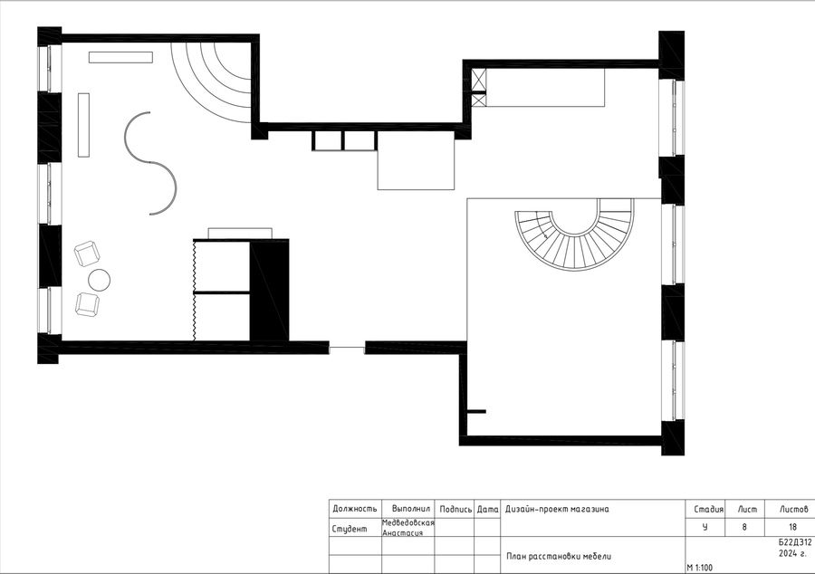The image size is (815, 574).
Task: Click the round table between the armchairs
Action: [100, 280]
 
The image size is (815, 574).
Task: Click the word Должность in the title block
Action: [354, 509]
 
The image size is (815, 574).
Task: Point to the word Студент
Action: [350, 529]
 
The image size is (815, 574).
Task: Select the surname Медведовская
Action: [408, 522]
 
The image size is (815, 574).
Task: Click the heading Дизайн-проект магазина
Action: [557, 509]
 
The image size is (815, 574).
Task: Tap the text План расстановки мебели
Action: [559, 556]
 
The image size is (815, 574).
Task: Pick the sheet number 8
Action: [743, 527]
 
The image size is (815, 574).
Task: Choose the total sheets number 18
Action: [792, 527]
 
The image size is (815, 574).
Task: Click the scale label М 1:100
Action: [700, 568]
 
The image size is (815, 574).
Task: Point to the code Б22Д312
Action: [795, 542]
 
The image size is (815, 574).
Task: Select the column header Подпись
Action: [455, 509]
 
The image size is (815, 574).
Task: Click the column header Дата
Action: [487, 510]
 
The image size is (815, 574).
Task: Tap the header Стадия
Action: [708, 509]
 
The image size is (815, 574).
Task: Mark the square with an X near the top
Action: [479, 81]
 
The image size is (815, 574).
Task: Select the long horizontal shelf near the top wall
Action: [120, 57]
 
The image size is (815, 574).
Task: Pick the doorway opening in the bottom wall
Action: [347, 348]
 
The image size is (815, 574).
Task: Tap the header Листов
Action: [793, 509]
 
